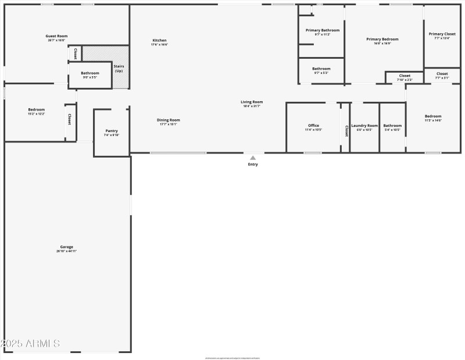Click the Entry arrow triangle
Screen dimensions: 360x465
tap(253, 157)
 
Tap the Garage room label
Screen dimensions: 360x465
tap(66, 247)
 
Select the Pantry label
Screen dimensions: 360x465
tap(112, 131)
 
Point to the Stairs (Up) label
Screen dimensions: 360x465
tap(119, 69)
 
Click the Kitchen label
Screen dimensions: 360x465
tap(159, 40)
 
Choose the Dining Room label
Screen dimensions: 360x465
tap(169, 120)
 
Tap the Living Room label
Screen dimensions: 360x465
tap(252, 102)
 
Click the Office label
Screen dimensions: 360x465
tap(313, 126)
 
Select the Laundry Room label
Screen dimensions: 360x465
tap(364, 126)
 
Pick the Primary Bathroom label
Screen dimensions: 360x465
tap(322, 30)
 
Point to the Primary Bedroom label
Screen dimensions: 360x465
tap(382, 39)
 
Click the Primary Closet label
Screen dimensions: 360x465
tap(442, 34)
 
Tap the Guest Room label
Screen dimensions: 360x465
tap(56, 36)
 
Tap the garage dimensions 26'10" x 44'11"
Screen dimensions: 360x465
tap(66, 251)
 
